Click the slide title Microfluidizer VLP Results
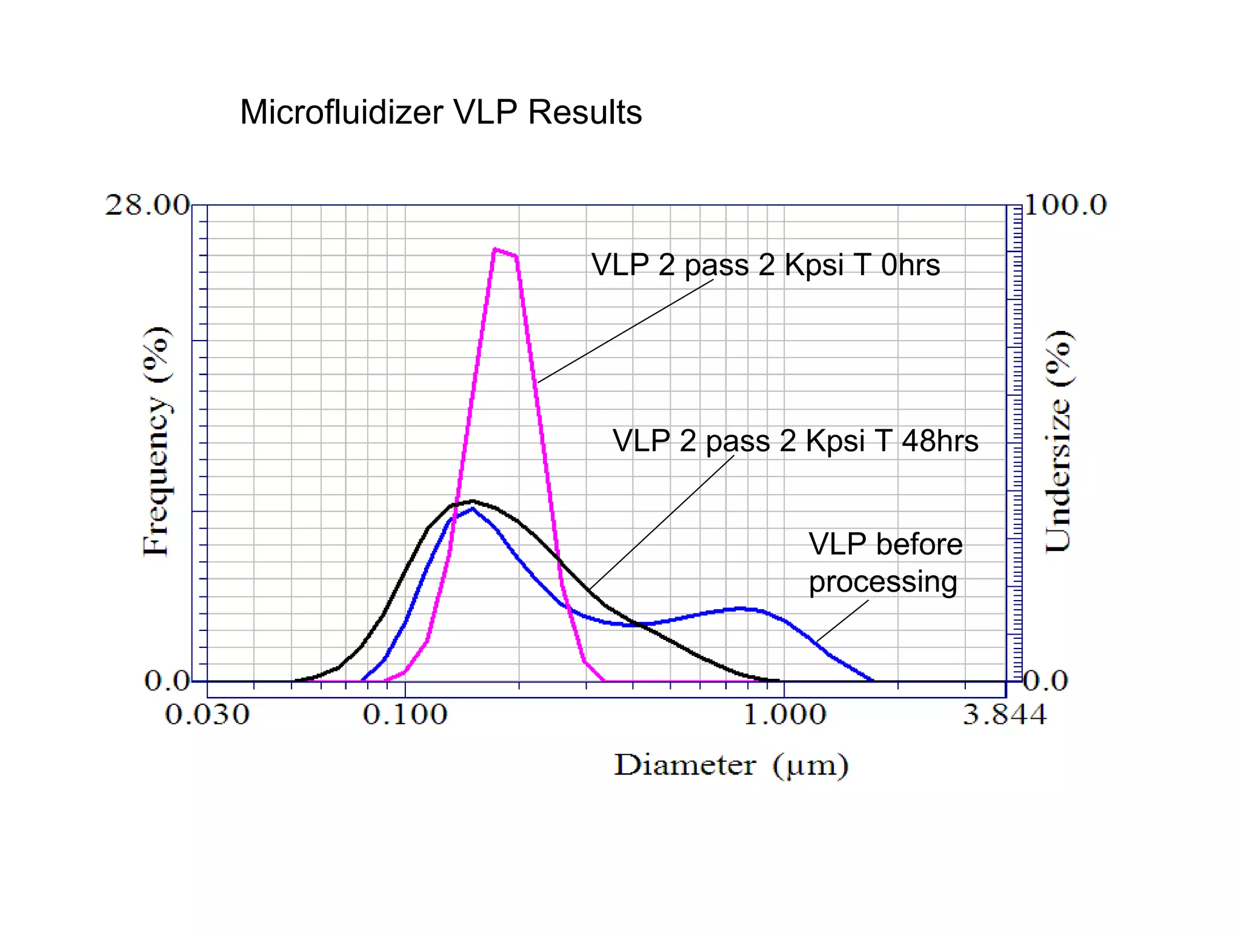point(441,112)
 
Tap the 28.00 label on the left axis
point(147,205)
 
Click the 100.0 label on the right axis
point(1065,205)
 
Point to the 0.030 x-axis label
point(207,715)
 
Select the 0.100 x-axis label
point(405,715)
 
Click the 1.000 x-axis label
point(784,715)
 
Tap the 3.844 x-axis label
point(1005,715)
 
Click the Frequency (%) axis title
point(156,441)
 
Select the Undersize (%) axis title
point(1059,441)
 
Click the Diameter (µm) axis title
point(731,766)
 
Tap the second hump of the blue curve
point(742,608)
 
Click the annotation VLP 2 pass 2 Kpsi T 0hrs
point(765,265)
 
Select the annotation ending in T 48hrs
point(795,441)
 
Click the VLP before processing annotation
point(885,562)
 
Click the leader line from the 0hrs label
point(624,332)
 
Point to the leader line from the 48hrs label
point(660,522)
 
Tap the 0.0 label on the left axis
point(167,681)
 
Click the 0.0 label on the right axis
point(1046,681)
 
